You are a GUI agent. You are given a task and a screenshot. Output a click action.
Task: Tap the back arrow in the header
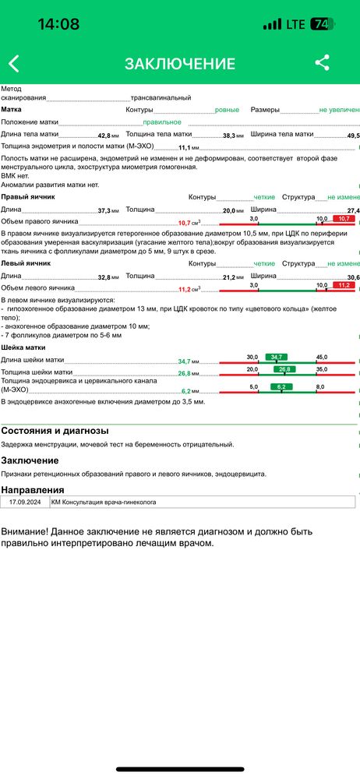(14, 64)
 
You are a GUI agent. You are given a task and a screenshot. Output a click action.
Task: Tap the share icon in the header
(322, 64)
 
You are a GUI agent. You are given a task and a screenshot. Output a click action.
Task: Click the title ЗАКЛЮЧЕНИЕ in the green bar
(180, 64)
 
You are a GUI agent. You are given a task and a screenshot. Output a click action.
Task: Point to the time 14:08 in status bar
(58, 24)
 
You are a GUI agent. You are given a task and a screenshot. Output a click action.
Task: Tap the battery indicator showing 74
(320, 24)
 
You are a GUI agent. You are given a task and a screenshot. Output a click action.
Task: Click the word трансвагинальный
(161, 98)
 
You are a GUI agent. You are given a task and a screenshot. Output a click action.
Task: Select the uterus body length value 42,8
(104, 136)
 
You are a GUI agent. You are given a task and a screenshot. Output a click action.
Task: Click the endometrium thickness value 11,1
(185, 147)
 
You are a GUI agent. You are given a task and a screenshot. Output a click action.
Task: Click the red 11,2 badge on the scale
(343, 286)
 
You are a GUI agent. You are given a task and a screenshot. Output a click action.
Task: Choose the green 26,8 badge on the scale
(284, 369)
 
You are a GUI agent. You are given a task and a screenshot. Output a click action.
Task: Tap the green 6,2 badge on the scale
(283, 387)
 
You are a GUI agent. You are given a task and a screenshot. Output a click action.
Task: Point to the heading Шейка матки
(23, 347)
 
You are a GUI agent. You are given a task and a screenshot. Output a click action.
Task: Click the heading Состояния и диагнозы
(55, 431)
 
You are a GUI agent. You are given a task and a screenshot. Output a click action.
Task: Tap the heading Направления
(32, 489)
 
